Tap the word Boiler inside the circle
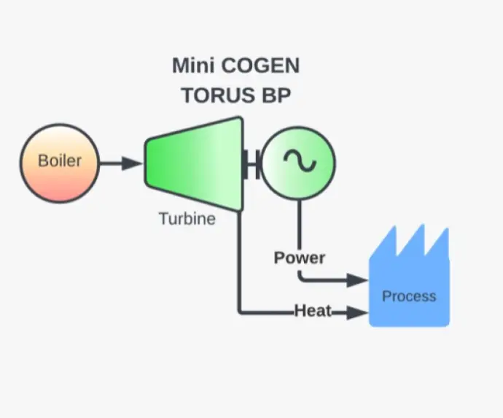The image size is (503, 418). point(60,161)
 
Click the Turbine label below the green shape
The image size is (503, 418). point(187,217)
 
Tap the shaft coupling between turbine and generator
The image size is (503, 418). point(252,163)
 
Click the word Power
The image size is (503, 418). point(300,258)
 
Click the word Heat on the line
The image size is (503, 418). point(313,311)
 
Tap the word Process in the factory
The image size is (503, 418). point(409,296)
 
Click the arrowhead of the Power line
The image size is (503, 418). point(358,280)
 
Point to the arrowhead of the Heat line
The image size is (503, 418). point(357,313)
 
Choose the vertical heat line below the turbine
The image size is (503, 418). point(239,263)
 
